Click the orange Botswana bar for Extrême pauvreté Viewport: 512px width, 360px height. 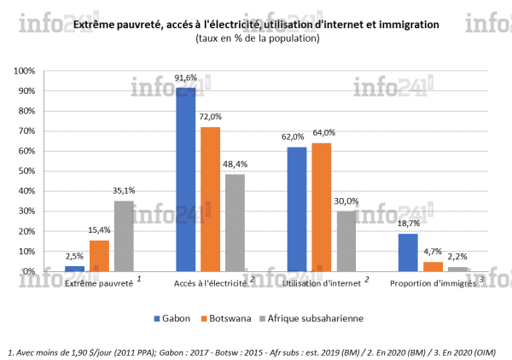99,255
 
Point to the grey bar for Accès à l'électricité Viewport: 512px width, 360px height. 236,223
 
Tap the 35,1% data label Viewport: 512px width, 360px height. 125,190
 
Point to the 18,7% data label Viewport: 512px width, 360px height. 409,223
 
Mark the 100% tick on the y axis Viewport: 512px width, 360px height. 49,71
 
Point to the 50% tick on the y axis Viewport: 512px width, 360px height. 50,171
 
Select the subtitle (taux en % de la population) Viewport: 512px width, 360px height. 257,38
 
